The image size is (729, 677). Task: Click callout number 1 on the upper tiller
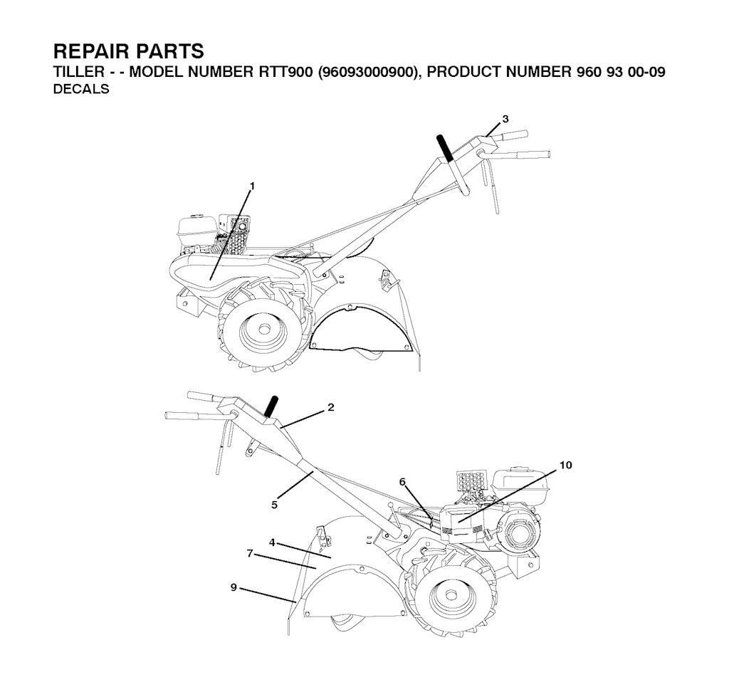tap(252, 186)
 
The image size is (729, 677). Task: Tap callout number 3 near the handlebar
tap(505, 119)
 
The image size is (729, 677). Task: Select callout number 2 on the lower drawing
tap(330, 407)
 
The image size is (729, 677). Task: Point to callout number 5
tap(274, 505)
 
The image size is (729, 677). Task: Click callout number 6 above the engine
tap(402, 482)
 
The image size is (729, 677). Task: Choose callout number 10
tap(566, 465)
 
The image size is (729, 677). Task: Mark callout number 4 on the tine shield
tap(272, 542)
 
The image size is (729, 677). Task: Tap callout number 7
tap(250, 553)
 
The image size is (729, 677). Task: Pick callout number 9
tap(234, 588)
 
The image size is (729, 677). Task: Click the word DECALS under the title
tap(81, 89)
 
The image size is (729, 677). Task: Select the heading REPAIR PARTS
tap(129, 51)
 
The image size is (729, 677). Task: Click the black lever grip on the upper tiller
tap(444, 148)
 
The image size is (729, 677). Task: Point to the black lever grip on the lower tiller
tap(271, 406)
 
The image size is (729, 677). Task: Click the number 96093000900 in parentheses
tap(367, 72)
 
